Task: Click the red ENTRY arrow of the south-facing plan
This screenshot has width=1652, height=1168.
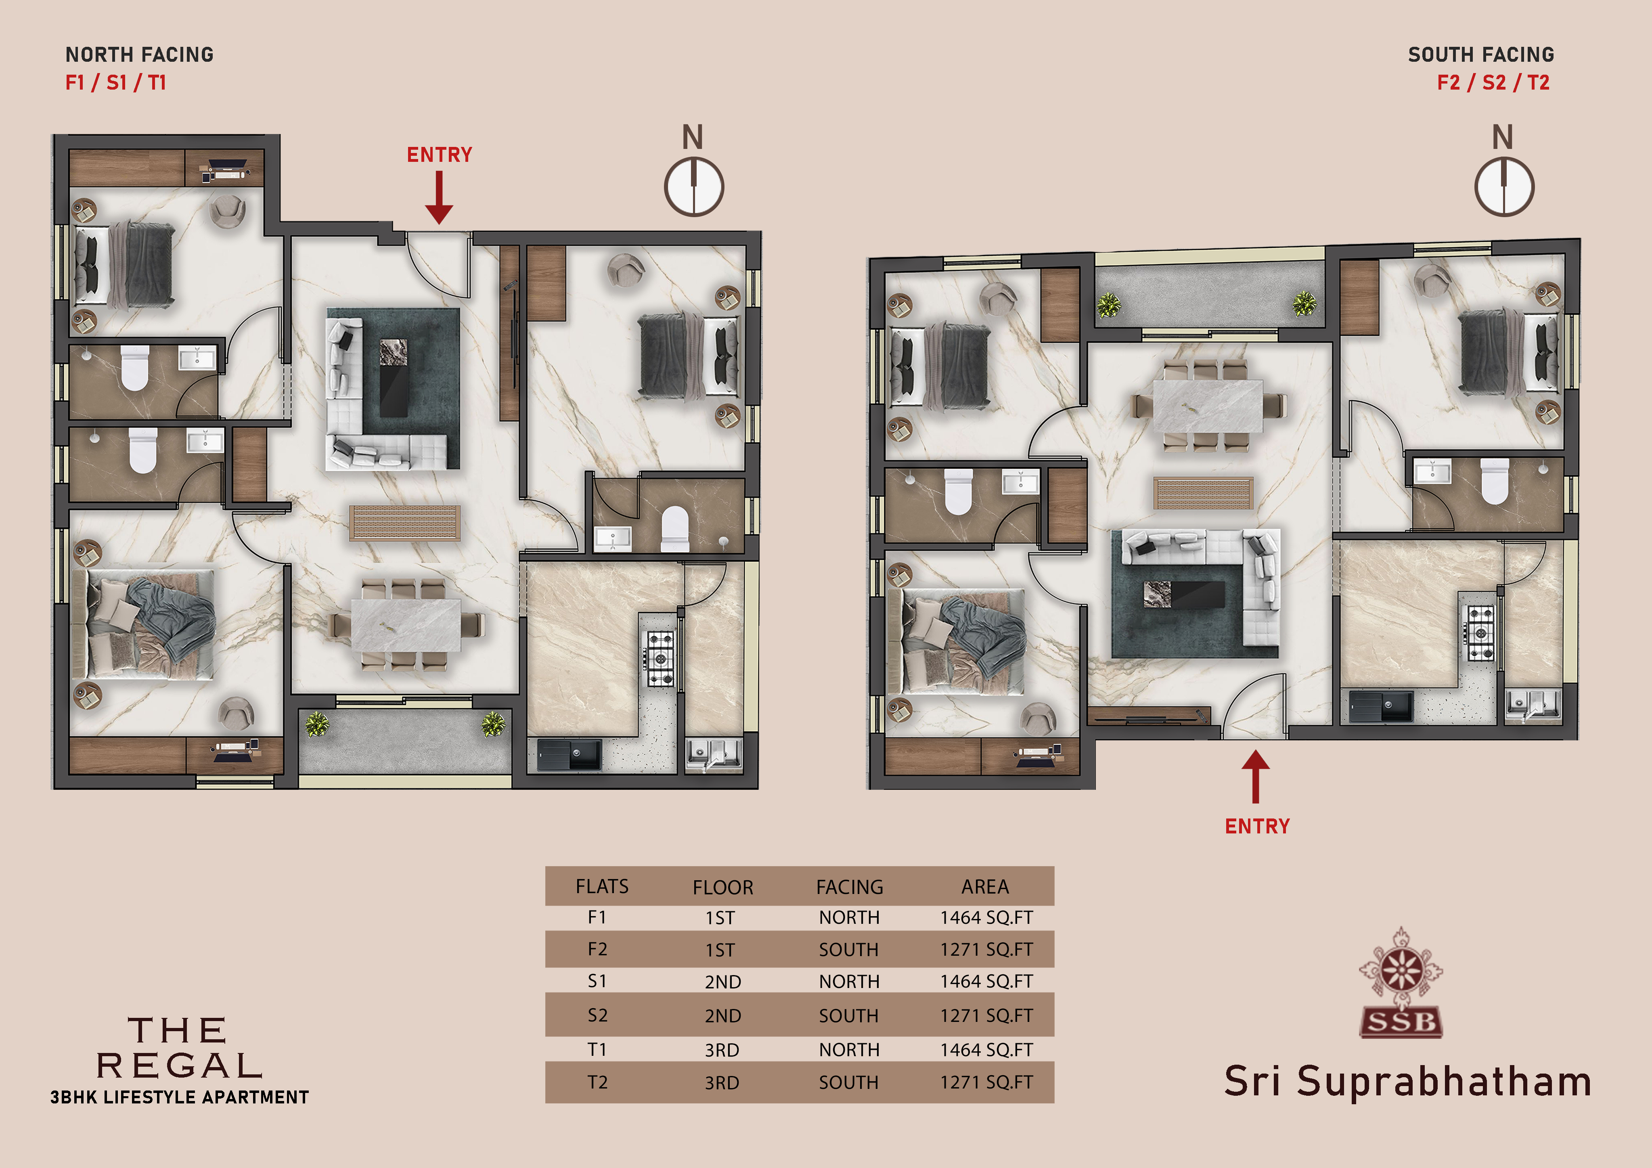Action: [1256, 776]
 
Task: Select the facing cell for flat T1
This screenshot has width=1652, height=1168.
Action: [849, 1050]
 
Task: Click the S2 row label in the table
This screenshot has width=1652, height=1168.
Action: [597, 1015]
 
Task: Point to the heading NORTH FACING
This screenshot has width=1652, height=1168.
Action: [140, 55]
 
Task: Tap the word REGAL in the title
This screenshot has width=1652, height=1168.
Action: [179, 1066]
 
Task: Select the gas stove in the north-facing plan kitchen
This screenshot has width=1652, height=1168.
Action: [660, 659]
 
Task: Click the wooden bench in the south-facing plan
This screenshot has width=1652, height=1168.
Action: [1204, 493]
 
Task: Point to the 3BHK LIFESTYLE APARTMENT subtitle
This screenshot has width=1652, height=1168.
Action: [179, 1097]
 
